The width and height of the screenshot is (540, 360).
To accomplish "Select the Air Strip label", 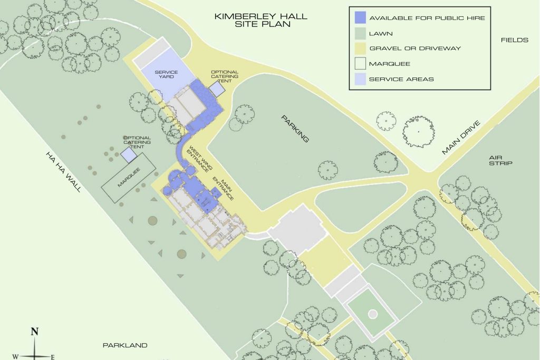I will [500, 160].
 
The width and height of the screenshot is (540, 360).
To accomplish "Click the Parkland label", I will [125, 346].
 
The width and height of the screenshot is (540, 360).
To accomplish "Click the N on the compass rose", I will [35, 332].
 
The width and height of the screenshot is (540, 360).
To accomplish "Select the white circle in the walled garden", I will [372, 314].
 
